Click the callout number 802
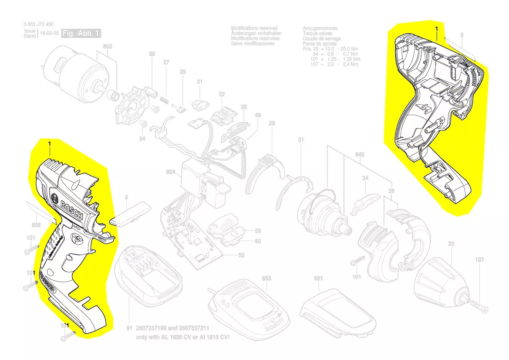[108, 46]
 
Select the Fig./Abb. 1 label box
[82, 34]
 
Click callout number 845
[360, 155]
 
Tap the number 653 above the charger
[266, 278]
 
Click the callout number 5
[126, 197]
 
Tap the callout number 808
[36, 225]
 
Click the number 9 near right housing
[462, 35]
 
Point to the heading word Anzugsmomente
[320, 28]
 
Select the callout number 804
[171, 172]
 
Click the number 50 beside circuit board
[241, 255]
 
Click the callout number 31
[301, 140]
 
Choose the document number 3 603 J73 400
[39, 25]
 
